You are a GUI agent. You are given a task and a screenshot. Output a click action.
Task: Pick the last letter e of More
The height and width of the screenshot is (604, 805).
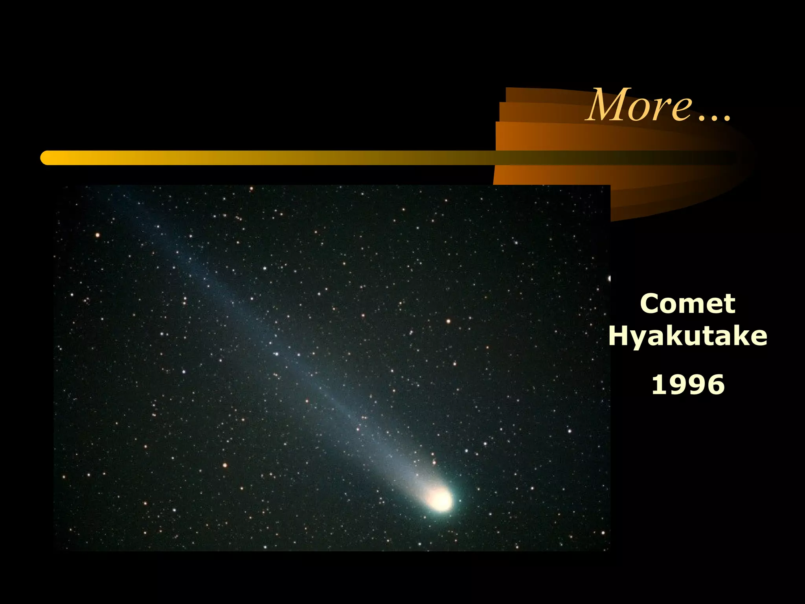click(682, 109)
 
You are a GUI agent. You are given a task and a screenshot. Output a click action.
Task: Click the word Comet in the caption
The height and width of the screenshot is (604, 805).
click(687, 304)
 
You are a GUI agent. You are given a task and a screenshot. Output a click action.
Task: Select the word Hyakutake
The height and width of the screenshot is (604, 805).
click(687, 336)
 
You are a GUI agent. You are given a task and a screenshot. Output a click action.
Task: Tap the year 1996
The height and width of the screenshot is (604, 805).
click(688, 385)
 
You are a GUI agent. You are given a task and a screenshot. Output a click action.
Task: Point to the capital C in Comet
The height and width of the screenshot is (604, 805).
click(651, 304)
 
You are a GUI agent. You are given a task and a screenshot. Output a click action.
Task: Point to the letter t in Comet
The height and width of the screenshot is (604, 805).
click(729, 304)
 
